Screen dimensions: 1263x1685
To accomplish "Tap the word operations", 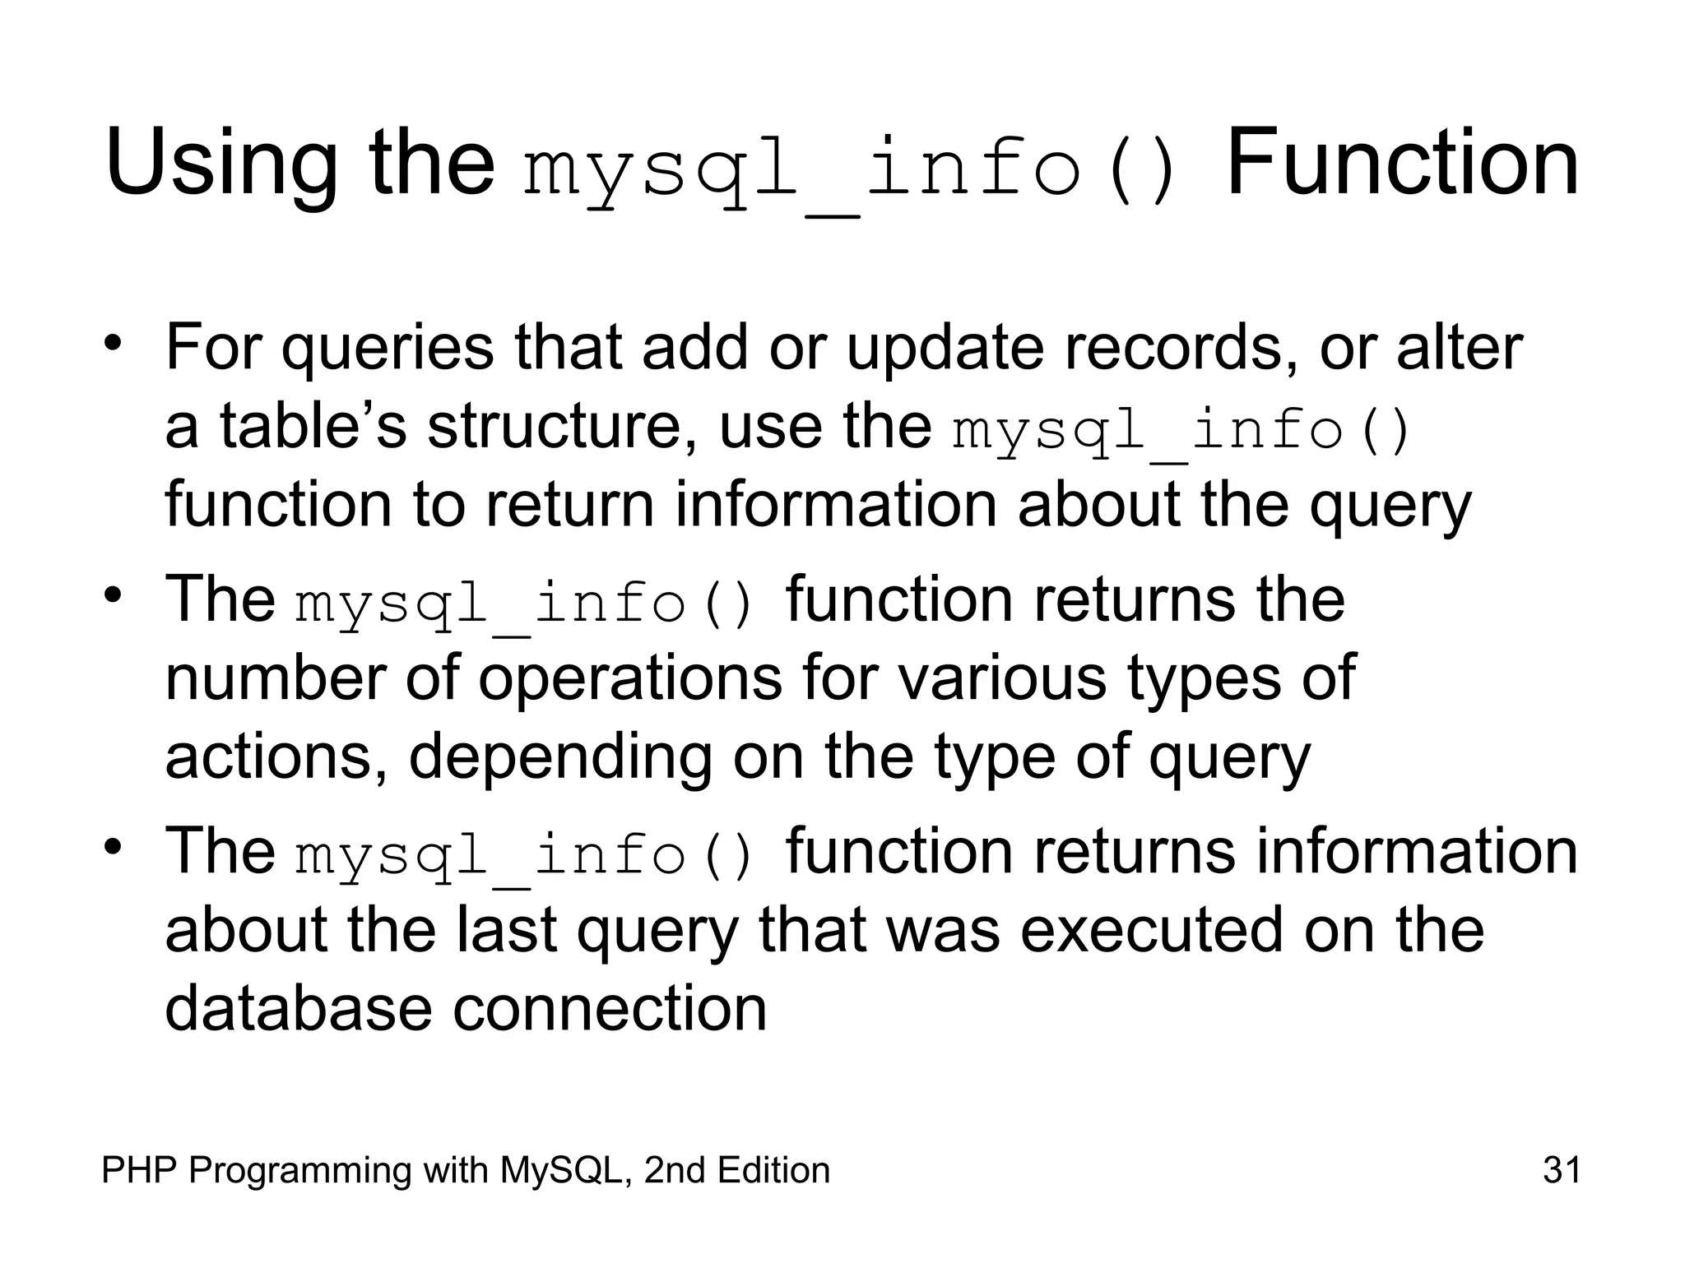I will tap(630, 679).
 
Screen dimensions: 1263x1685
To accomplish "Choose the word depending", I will tap(560, 758).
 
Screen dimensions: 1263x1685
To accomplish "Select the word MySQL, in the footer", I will tap(568, 1170).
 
